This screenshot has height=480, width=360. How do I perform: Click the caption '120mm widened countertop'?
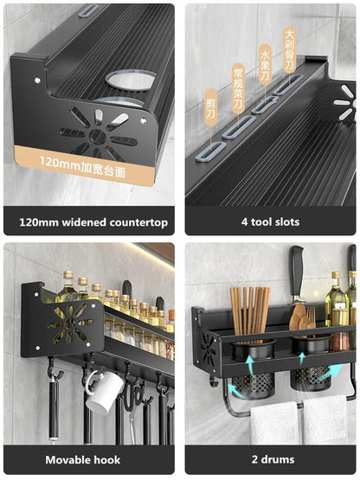(93, 221)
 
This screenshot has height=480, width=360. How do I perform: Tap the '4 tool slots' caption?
(270, 221)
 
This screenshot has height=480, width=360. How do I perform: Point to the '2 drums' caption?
(270, 459)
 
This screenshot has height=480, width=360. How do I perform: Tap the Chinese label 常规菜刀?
(238, 88)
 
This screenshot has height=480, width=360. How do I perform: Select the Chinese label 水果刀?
(265, 66)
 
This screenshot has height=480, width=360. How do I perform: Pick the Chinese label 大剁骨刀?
(290, 48)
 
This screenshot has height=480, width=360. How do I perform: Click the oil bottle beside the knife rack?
(336, 303)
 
